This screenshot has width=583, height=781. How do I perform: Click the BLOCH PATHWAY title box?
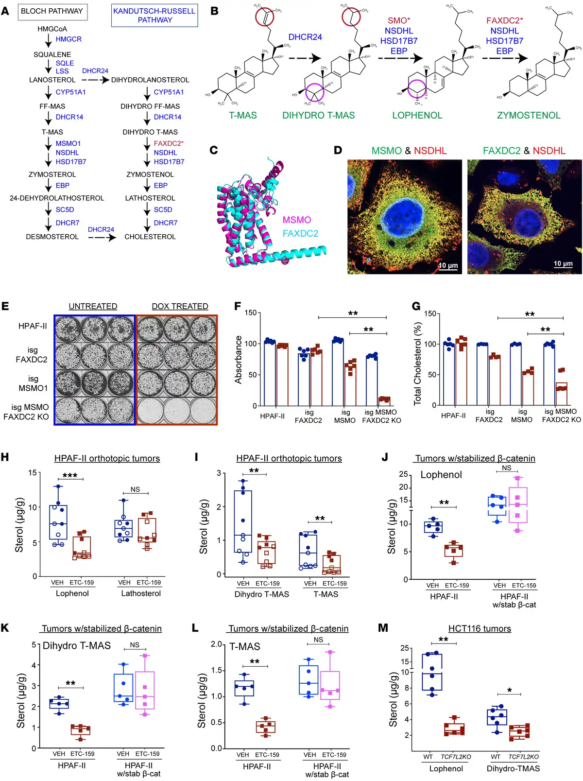coord(52,11)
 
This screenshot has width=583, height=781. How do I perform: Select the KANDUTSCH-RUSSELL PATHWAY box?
coord(154,16)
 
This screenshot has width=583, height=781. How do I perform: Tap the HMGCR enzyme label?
coord(69,39)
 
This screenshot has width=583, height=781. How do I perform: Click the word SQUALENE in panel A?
coord(52,54)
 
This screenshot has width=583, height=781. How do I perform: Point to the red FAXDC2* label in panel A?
coord(169,143)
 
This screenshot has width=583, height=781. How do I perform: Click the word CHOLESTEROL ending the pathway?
coord(150,237)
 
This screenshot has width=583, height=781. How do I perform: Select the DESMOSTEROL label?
coord(52,237)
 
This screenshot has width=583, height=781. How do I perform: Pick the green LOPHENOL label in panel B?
coord(417,115)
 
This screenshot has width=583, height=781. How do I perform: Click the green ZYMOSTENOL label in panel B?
coord(529,115)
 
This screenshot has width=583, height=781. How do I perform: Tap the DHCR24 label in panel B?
coord(305,37)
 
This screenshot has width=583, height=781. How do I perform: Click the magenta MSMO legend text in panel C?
coord(297,220)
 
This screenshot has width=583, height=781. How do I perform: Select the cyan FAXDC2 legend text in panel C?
coord(300,233)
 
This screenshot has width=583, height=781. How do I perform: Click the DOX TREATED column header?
coord(180,306)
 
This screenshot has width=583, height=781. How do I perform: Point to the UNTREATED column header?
coord(93,306)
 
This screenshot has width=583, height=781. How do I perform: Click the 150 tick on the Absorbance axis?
coord(250,312)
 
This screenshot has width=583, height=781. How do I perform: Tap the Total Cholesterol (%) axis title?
coord(417,364)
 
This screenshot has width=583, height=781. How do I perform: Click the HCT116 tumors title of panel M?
coord(480,628)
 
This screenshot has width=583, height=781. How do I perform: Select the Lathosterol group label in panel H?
coord(141,593)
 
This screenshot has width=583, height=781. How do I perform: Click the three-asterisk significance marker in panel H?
coord(70,475)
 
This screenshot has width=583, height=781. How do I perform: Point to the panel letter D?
coord(338,150)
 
